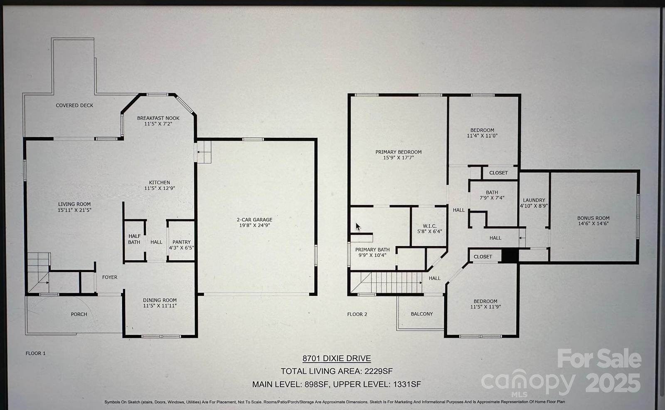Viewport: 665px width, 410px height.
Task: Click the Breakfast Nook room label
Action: (158, 118)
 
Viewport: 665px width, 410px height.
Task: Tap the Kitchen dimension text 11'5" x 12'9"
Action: (160, 188)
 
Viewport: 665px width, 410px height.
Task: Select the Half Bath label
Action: (134, 239)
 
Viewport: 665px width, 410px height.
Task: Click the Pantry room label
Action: (181, 242)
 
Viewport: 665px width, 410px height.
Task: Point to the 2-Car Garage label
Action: (254, 220)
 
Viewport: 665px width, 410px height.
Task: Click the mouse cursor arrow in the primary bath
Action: (358, 227)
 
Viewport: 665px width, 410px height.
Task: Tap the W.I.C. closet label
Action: (430, 226)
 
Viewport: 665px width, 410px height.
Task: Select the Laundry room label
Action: (534, 200)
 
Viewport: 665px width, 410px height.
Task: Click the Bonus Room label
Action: (593, 218)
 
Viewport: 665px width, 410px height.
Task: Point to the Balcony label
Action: (421, 314)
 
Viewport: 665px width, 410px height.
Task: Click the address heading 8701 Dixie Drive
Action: (337, 358)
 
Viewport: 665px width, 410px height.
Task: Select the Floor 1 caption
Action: (36, 353)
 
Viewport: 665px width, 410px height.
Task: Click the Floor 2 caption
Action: (357, 314)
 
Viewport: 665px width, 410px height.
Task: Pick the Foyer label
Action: (110, 277)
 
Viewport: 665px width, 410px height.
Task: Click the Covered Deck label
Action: (74, 105)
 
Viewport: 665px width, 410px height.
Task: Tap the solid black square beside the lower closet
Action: (510, 256)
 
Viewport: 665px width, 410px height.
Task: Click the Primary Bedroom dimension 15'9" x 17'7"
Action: (399, 158)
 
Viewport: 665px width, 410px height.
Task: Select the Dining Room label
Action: (160, 300)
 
